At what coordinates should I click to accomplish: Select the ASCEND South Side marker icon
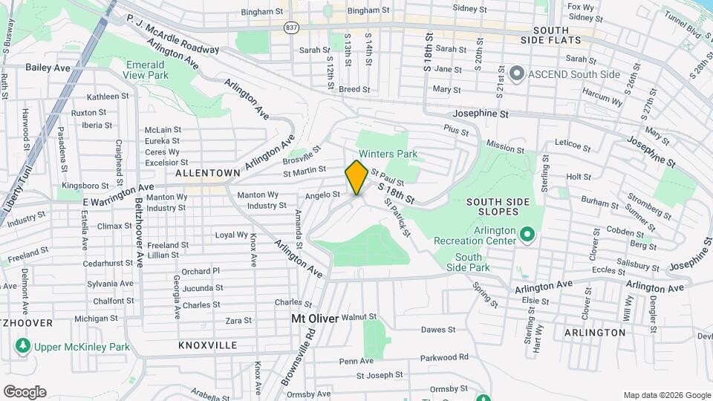point(518,74)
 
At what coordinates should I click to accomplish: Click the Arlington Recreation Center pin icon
point(527,235)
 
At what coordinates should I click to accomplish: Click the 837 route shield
point(291,27)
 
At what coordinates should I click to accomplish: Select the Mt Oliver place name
point(314,319)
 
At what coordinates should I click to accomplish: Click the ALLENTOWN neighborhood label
point(208,172)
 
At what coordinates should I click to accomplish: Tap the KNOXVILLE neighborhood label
point(208,345)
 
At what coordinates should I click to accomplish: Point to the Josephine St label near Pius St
point(481,115)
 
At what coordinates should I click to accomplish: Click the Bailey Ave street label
point(48,68)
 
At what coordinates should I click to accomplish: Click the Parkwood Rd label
point(445,357)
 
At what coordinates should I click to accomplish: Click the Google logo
point(25,392)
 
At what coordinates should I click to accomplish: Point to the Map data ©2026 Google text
point(666,395)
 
